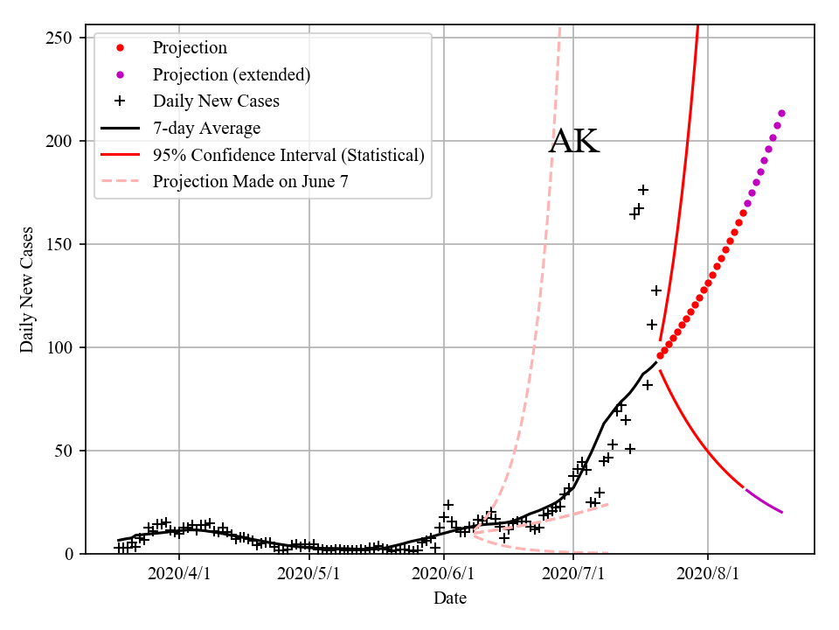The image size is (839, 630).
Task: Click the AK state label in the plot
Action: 574,143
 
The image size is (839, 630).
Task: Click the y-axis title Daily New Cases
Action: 27,290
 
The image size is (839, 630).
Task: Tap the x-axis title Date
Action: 450,598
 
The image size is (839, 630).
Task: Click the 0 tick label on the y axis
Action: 75,554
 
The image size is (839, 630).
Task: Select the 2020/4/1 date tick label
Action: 179,574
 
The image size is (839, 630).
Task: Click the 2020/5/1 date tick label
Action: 311,574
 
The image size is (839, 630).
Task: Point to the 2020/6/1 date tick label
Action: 444,574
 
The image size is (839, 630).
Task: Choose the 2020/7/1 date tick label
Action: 572,574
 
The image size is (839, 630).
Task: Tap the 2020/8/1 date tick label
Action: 708,574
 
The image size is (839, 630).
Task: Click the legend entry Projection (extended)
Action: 231,74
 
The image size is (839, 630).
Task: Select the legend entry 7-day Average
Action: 206,129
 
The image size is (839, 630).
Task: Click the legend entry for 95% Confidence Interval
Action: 288,155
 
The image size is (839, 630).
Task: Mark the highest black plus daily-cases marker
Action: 643,190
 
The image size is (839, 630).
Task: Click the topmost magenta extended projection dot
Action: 781,113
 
